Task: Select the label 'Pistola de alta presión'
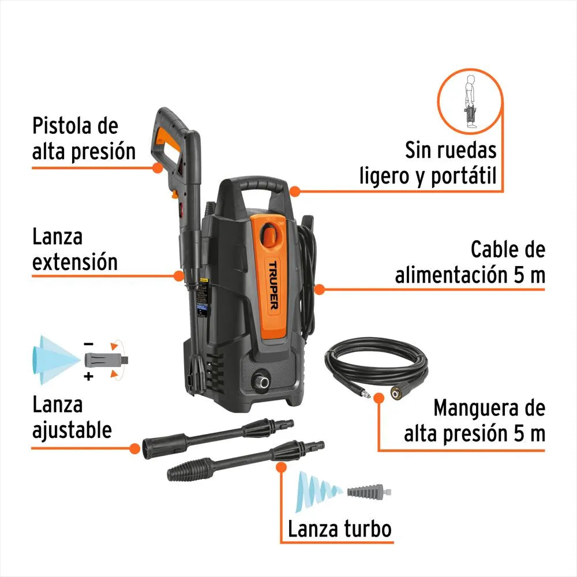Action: coord(84,138)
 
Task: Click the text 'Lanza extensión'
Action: coord(75,249)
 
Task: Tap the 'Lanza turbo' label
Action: coord(340,528)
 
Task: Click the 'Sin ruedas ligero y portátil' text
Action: coord(428,163)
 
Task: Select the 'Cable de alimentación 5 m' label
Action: coord(470,263)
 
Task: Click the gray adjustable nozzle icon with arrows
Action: coord(105,360)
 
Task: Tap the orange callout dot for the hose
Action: coord(379,398)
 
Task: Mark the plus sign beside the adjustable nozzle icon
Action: coord(88,377)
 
